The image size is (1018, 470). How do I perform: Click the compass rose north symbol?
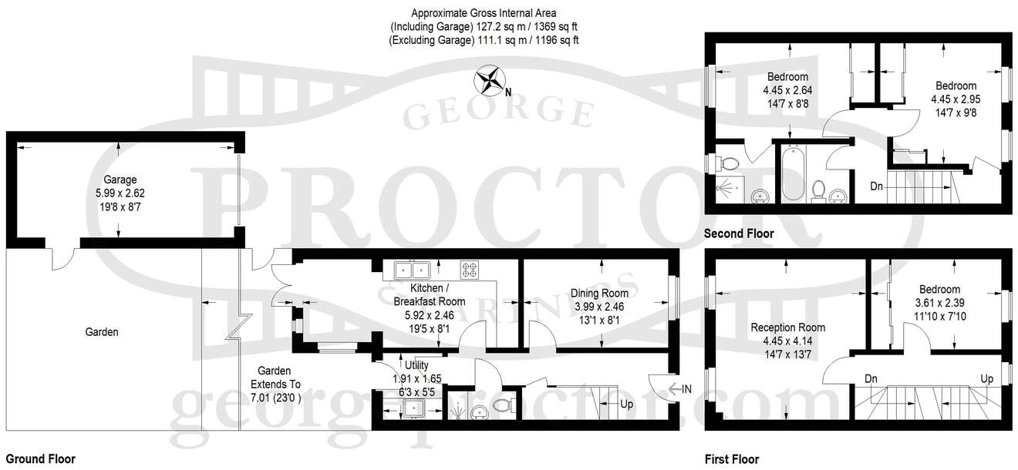pyautogui.click(x=490, y=80)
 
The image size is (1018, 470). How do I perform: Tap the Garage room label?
pyautogui.click(x=120, y=180)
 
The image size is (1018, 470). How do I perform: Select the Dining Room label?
pyautogui.click(x=599, y=293)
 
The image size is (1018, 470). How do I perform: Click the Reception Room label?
pyautogui.click(x=787, y=327)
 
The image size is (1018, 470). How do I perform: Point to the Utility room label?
pyautogui.click(x=406, y=365)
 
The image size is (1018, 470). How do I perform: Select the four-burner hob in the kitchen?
pyautogui.click(x=470, y=269)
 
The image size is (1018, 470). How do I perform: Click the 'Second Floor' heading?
pyautogui.click(x=739, y=233)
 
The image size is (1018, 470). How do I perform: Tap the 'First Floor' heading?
pyautogui.click(x=732, y=459)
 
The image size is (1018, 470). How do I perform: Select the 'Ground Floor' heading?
pyautogui.click(x=41, y=459)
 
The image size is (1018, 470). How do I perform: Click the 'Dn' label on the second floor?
pyautogui.click(x=877, y=186)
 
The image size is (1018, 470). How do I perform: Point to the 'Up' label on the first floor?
pyautogui.click(x=986, y=379)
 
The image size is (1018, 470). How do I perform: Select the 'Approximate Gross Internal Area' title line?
pyautogui.click(x=484, y=13)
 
